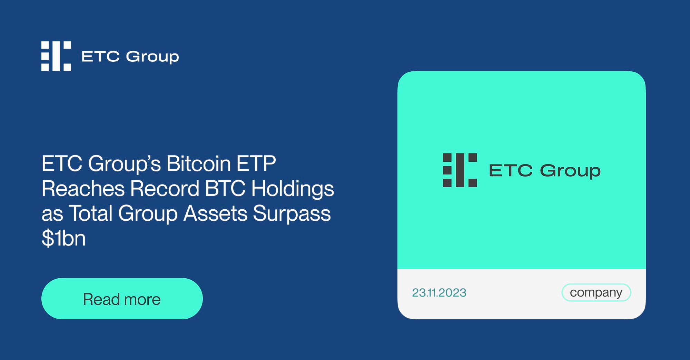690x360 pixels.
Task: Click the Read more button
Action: click(x=122, y=299)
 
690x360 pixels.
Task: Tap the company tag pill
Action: click(x=596, y=292)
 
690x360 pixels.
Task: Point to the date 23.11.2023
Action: click(x=439, y=293)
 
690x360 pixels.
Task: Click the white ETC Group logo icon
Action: click(x=56, y=56)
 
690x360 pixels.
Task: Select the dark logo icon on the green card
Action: click(x=460, y=170)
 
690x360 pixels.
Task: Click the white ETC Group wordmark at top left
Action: click(x=130, y=57)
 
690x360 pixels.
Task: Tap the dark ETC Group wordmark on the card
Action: click(x=545, y=171)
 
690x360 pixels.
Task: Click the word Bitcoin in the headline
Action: click(x=198, y=163)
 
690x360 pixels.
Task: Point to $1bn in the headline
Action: click(x=63, y=238)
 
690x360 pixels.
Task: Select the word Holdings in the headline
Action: click(x=293, y=189)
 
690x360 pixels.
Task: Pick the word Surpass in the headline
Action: click(x=292, y=213)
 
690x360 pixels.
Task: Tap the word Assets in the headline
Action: click(x=215, y=213)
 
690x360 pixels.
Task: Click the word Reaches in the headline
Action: click(x=83, y=189)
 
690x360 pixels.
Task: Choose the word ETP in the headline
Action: click(x=256, y=163)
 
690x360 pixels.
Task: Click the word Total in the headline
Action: click(x=91, y=213)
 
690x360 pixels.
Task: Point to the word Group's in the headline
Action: click(x=125, y=164)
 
